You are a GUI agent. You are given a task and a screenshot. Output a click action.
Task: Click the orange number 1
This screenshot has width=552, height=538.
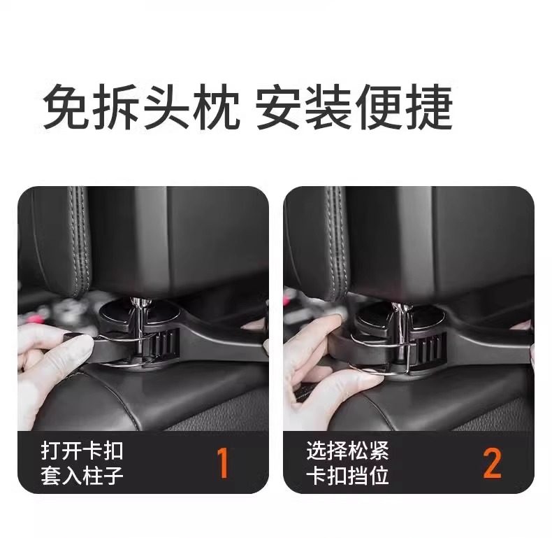pos(223,463)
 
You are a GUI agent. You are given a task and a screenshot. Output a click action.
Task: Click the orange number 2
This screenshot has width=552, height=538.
pos(492,463)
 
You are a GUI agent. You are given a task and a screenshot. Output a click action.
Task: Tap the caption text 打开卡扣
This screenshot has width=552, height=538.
pos(82,451)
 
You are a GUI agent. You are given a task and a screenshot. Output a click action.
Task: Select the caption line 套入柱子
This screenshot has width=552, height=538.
pos(82,476)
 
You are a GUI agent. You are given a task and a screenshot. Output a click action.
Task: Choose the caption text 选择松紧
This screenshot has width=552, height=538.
pos(347,451)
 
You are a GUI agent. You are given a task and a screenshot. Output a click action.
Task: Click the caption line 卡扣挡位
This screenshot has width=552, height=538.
pos(347,476)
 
